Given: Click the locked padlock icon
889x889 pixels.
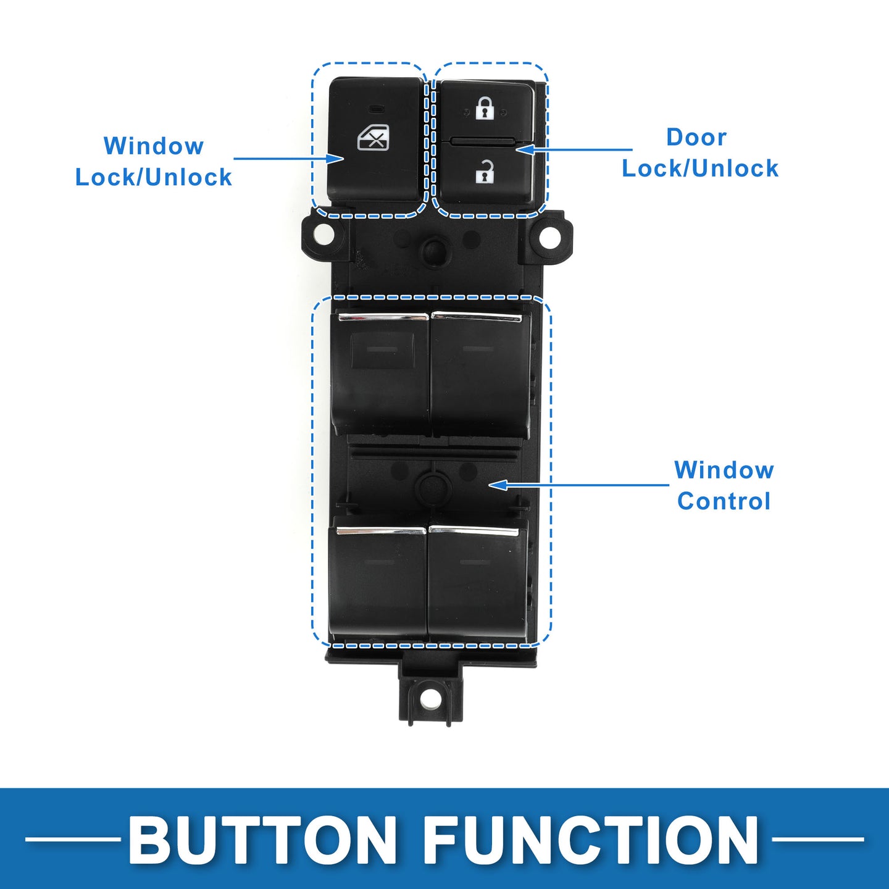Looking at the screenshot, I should (485, 108).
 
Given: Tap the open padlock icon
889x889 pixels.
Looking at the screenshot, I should (485, 172).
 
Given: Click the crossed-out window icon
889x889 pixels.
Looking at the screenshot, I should (374, 138).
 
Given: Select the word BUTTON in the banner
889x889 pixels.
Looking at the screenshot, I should (262, 840).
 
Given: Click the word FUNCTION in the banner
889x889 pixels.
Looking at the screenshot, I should (591, 840).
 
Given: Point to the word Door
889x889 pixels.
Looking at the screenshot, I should (696, 137).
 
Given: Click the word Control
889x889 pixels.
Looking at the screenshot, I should (724, 501).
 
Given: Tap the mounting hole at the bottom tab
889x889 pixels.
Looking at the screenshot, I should (430, 699).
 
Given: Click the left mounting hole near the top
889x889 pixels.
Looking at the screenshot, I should (322, 235).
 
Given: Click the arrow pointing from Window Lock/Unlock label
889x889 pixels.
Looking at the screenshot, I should (288, 159).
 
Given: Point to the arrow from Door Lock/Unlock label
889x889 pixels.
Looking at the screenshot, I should (574, 149).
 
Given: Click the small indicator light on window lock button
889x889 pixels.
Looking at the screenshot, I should (375, 109).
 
